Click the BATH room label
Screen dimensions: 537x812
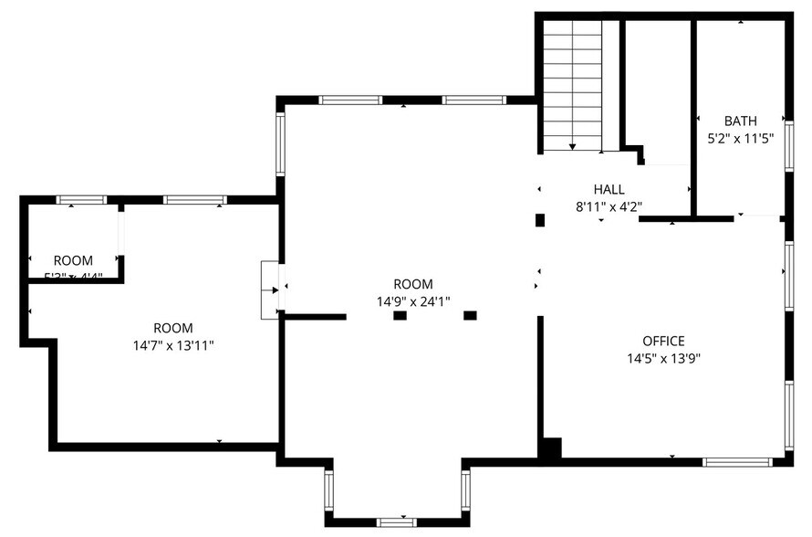point(740,121)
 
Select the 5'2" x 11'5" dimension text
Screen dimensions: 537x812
point(740,139)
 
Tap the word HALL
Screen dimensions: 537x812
point(609,189)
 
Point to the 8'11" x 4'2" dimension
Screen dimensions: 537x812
point(609,206)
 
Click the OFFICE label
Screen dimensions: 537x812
point(663,341)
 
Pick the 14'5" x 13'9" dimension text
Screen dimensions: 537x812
point(663,358)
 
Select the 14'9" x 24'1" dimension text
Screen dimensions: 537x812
point(413,301)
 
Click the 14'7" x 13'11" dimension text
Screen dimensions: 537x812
point(173,345)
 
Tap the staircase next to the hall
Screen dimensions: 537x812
point(572,82)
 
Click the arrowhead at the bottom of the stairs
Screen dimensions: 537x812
point(572,145)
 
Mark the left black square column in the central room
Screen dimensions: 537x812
point(400,316)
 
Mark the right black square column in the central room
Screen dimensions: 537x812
point(470,316)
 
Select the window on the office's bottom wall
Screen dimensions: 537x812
point(737,462)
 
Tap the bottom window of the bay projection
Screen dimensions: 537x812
point(397,522)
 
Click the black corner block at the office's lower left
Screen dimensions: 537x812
point(550,448)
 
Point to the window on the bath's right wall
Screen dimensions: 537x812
point(789,146)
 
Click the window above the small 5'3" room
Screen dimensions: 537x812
point(81,200)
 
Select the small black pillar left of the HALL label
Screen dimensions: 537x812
point(539,220)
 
